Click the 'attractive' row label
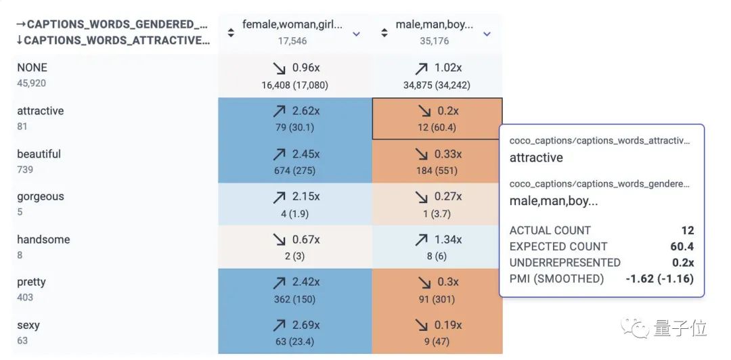point(41,111)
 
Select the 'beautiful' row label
point(39,154)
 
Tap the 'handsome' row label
point(43,240)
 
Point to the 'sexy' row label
point(28,325)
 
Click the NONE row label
point(32,68)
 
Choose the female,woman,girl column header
point(292,25)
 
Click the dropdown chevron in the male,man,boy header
point(487,34)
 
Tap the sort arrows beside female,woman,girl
point(231,32)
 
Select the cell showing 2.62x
point(294,118)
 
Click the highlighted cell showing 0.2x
point(437,118)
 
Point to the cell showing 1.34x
point(437,247)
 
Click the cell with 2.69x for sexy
point(294,333)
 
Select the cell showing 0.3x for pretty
point(437,290)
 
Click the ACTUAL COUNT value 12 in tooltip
point(687,231)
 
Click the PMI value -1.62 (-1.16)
point(660,279)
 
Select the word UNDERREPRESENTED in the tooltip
point(564,263)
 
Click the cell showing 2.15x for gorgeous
point(294,204)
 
